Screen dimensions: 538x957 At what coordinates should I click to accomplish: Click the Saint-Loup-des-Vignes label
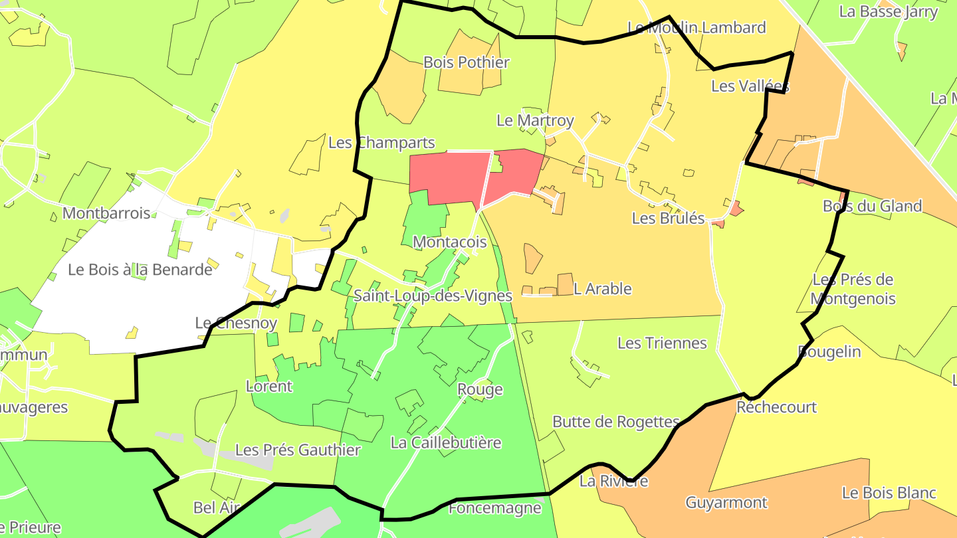[433, 296]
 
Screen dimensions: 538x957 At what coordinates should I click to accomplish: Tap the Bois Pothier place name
[467, 62]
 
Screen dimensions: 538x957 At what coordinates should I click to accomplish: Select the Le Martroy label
[535, 120]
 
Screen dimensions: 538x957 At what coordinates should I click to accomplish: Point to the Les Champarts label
[381, 142]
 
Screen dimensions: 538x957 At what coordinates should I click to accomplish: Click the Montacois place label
[450, 242]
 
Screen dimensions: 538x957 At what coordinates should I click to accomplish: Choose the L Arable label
[602, 289]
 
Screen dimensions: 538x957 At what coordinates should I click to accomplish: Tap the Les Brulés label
[668, 218]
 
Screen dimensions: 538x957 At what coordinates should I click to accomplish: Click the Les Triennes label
[662, 343]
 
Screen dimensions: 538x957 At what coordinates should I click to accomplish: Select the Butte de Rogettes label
[616, 422]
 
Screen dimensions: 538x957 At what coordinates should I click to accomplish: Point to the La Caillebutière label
[445, 442]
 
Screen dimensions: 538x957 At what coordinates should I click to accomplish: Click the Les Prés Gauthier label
[298, 450]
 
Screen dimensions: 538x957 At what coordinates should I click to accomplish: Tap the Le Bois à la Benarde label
[140, 270]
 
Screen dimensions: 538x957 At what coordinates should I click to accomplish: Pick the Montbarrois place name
[106, 213]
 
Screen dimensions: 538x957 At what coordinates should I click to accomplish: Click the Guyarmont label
[726, 502]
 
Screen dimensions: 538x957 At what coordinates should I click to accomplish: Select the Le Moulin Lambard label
[696, 27]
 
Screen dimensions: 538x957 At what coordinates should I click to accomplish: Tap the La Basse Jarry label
[889, 11]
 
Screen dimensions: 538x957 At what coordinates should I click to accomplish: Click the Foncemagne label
[495, 508]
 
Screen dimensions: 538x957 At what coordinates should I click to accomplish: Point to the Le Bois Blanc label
[889, 493]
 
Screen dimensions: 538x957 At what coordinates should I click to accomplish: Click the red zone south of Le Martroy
[452, 176]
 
